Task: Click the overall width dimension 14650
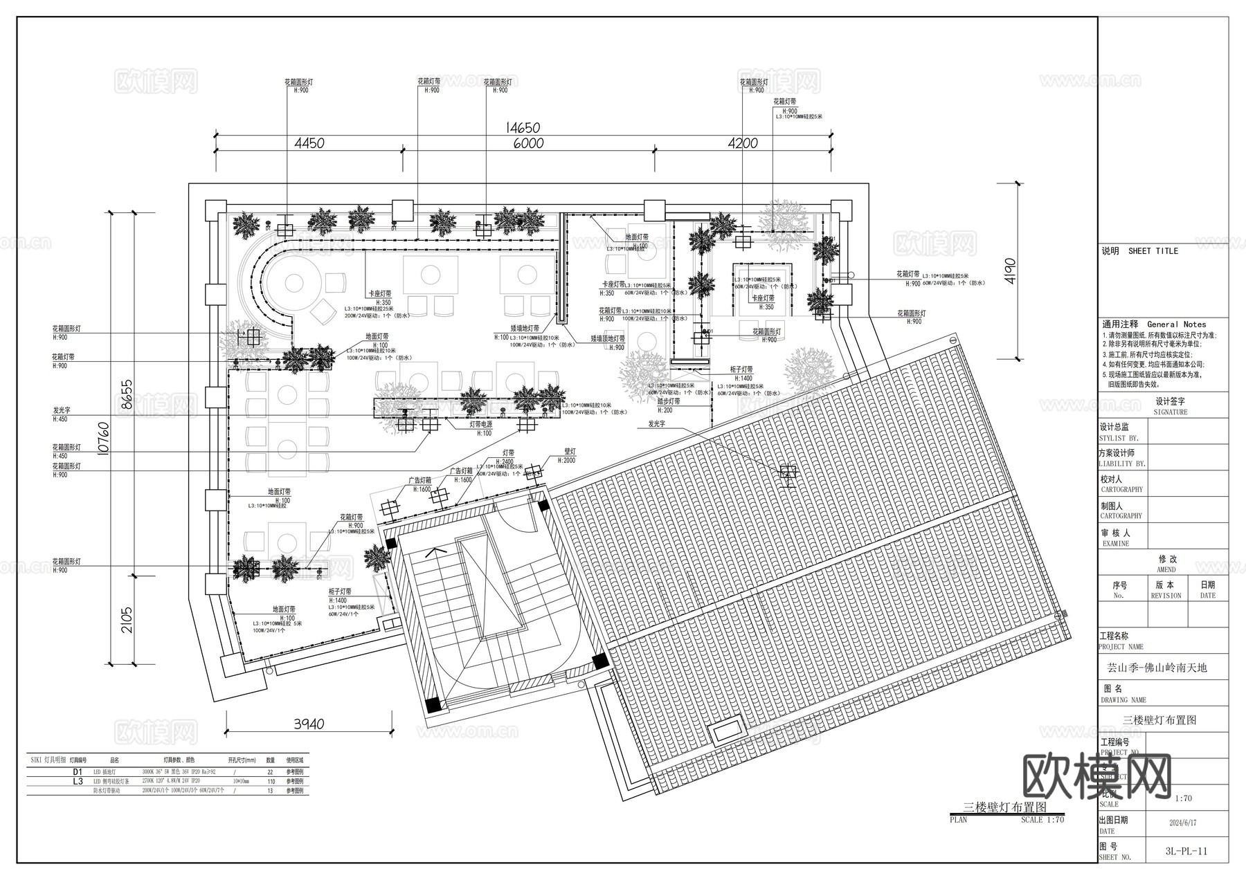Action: (x=523, y=128)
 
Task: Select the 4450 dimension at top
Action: (x=309, y=144)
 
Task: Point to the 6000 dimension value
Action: (x=528, y=144)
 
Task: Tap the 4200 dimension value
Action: (x=743, y=144)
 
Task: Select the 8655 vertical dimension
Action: (x=127, y=394)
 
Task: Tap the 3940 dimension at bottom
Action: (x=309, y=724)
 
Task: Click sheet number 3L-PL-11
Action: (x=1186, y=851)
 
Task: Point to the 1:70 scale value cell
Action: (x=1184, y=798)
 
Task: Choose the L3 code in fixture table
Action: (x=78, y=780)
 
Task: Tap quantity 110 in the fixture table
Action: (x=271, y=781)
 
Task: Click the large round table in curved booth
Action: (x=294, y=282)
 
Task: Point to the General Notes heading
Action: (x=1176, y=324)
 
